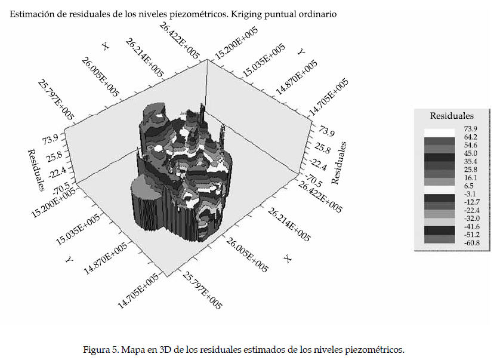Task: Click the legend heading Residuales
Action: point(452,116)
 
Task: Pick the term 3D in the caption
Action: point(158,349)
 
